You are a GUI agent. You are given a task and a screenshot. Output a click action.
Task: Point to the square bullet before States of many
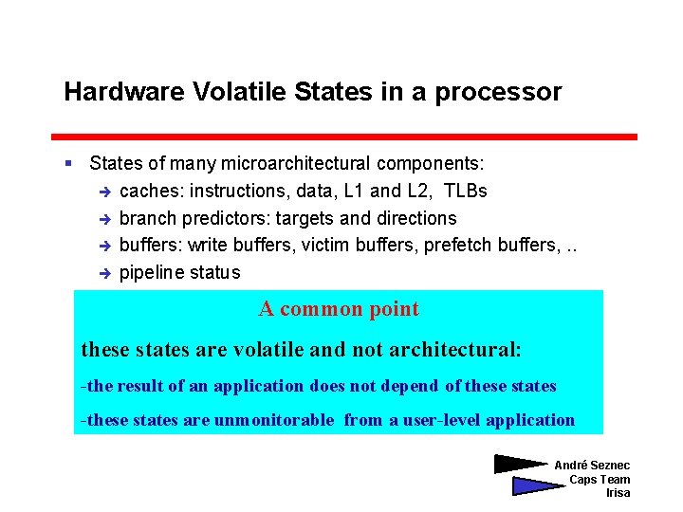point(69,165)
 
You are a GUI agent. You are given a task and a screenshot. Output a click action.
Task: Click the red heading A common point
point(339,309)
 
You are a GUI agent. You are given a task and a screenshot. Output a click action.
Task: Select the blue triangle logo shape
point(535,485)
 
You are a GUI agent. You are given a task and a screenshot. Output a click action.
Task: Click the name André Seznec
point(591,465)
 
